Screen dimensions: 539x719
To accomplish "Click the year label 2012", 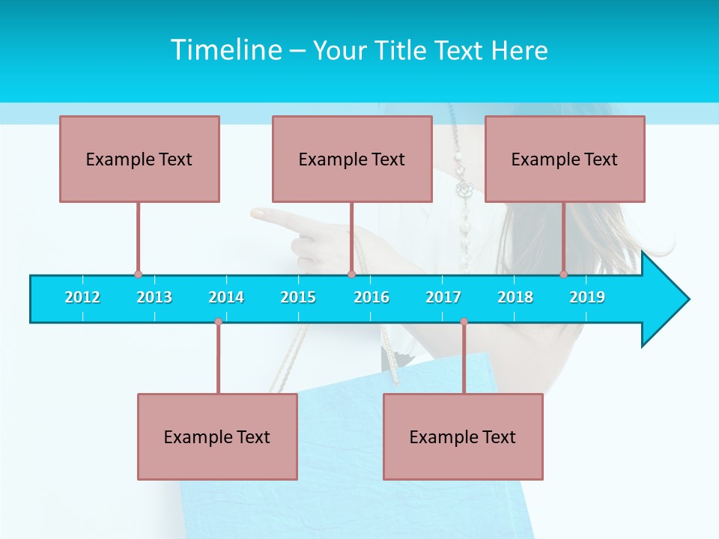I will (x=82, y=297).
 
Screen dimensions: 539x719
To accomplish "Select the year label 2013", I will (x=154, y=297).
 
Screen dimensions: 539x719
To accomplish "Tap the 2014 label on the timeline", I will (x=226, y=297).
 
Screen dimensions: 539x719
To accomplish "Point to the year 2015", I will (x=298, y=297).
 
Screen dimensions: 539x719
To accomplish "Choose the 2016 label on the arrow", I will (x=371, y=297).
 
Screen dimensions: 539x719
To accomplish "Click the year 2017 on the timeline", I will (x=443, y=297).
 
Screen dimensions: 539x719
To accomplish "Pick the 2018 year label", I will (x=515, y=297).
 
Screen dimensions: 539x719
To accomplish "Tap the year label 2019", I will (x=587, y=297).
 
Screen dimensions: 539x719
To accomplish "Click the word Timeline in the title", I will (x=225, y=50).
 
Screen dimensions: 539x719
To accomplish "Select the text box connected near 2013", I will (x=139, y=159).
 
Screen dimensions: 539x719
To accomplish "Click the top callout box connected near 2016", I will (x=352, y=159).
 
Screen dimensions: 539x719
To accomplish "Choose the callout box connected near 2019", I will (x=565, y=159).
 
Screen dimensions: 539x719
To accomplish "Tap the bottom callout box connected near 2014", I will (x=217, y=436).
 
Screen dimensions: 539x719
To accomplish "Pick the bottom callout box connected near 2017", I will (x=463, y=436).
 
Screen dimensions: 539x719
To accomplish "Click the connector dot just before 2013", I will (x=138, y=275).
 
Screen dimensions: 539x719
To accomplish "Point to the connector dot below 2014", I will (x=218, y=322).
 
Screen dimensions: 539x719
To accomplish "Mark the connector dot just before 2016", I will (x=351, y=275).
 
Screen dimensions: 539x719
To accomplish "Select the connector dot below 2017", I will (x=464, y=322).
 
